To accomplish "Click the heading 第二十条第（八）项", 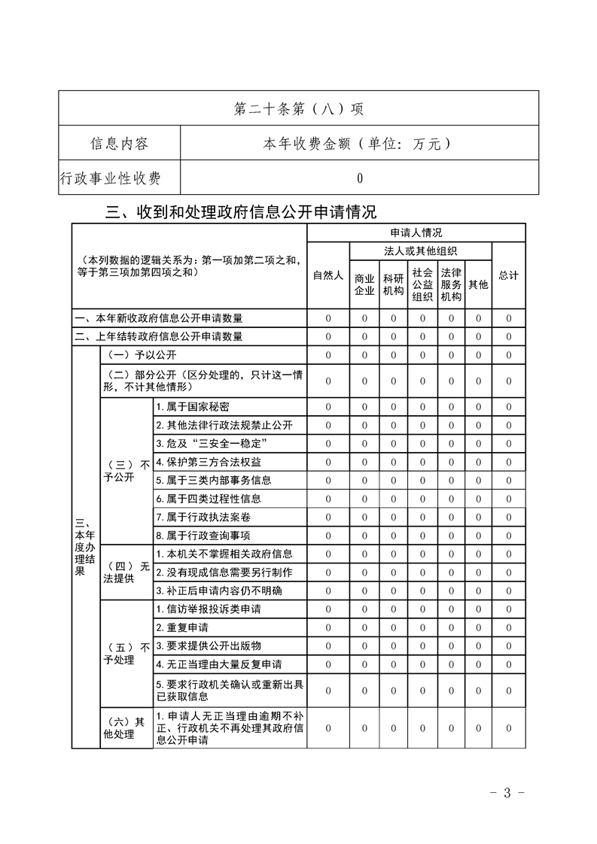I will tap(298, 108).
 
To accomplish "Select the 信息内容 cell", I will tap(119, 143).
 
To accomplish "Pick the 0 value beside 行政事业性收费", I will tap(360, 178).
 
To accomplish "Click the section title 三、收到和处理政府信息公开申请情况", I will tap(241, 213).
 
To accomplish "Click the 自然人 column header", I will tap(328, 275).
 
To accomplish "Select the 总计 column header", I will tap(509, 275).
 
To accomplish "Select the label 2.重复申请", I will tap(182, 627).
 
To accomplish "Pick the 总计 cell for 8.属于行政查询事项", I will tap(509, 536).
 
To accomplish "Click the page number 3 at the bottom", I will tap(507, 792).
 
